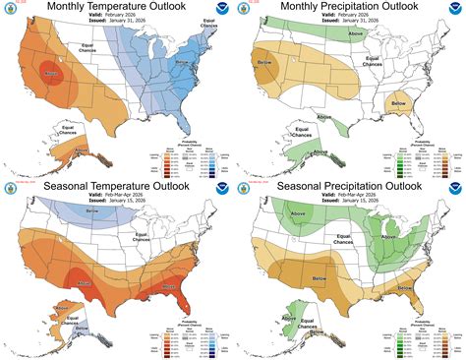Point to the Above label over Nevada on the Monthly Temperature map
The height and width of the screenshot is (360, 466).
[52, 74]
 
